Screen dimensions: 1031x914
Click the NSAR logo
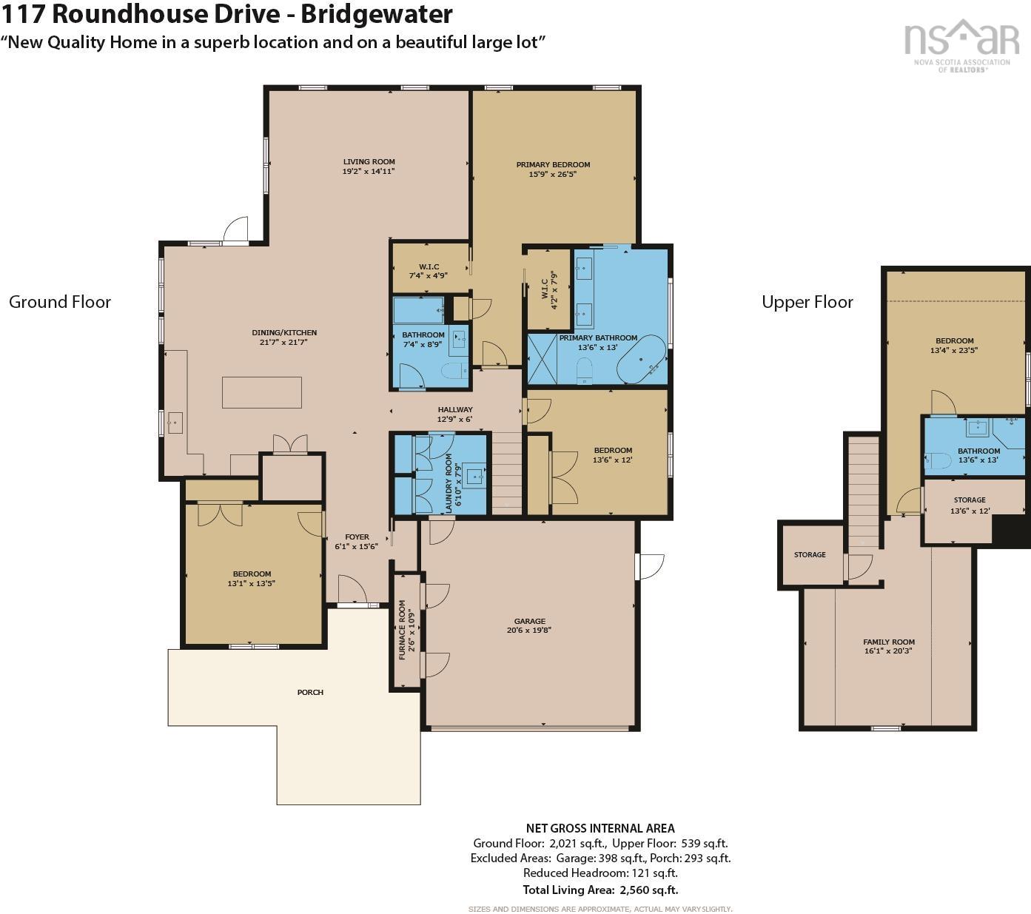961,46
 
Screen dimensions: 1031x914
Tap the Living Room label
369,162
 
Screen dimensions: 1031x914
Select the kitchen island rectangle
261,392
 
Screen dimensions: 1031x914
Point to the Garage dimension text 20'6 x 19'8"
529,630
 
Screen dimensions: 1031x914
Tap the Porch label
310,692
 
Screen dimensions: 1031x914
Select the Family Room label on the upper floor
889,642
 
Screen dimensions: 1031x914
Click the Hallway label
455,409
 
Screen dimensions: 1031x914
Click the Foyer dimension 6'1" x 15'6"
356,547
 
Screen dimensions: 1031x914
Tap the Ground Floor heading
60,302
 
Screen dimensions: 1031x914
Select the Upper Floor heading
807,302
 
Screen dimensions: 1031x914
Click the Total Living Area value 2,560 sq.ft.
649,890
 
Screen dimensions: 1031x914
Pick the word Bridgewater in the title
377,14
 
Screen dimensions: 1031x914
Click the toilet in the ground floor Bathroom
454,371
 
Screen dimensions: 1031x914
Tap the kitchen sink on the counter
175,423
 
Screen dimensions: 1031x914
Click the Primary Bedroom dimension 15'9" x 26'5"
553,174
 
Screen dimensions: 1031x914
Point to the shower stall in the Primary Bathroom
543,359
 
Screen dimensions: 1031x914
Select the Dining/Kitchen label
284,332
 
